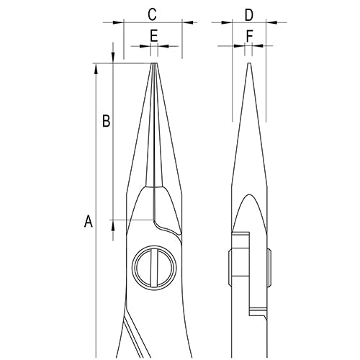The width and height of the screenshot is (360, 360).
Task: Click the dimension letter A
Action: pyautogui.click(x=89, y=221)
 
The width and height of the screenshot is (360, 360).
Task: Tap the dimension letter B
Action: pyautogui.click(x=106, y=121)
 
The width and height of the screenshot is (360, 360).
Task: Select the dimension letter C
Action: pyautogui.click(x=152, y=14)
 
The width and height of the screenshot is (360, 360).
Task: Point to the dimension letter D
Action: pyautogui.click(x=249, y=15)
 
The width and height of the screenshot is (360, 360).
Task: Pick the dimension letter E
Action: pyautogui.click(x=153, y=36)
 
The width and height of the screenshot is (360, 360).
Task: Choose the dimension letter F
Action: pyautogui.click(x=250, y=37)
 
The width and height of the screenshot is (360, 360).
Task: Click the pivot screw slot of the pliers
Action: pyautogui.click(x=153, y=268)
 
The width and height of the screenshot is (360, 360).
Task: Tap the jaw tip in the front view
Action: pyautogui.click(x=154, y=64)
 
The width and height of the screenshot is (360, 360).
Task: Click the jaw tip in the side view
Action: pyautogui.click(x=249, y=63)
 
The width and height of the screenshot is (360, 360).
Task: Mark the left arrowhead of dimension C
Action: pyautogui.click(x=118, y=22)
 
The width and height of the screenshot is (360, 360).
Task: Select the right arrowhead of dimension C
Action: pyautogui.click(x=188, y=22)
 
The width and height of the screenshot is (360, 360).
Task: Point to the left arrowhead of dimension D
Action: pyautogui.click(x=227, y=22)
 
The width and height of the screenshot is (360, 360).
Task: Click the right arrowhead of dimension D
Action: pyautogui.click(x=271, y=22)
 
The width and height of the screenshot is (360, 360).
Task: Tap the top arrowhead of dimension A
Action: pyautogui.click(x=96, y=69)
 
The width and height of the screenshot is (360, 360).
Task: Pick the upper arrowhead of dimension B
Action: pyautogui.click(x=113, y=58)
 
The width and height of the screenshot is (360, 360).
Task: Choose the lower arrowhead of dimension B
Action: pyautogui.click(x=113, y=225)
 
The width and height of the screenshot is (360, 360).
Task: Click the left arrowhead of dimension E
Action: pyautogui.click(x=145, y=46)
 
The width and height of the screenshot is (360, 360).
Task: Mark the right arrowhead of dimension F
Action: pyautogui.click(x=258, y=45)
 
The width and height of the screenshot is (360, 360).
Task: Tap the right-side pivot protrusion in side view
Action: pyautogui.click(x=269, y=268)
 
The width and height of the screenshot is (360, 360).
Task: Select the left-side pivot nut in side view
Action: pyautogui.click(x=230, y=268)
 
